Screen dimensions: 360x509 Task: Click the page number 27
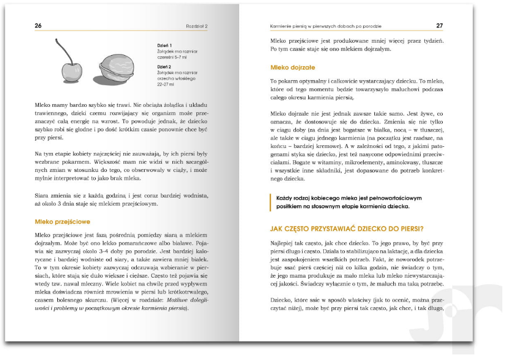tap(439, 26)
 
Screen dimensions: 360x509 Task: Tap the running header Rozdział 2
tap(197, 26)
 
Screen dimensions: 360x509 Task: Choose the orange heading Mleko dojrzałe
tap(293, 68)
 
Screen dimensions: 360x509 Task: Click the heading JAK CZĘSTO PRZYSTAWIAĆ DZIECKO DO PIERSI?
tap(347, 228)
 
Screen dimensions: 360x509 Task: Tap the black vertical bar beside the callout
tap(271, 202)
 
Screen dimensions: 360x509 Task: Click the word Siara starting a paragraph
tap(43, 195)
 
